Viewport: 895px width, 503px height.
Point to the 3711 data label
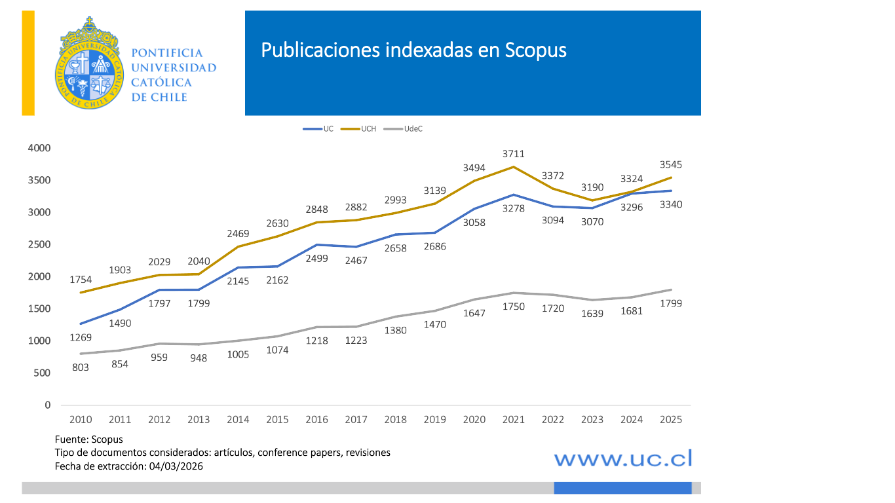tap(514, 154)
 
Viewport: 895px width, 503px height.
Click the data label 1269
tap(81, 337)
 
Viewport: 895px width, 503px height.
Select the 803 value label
tap(81, 367)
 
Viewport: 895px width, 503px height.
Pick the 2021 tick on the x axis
tap(514, 420)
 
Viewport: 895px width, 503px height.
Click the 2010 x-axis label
tap(81, 420)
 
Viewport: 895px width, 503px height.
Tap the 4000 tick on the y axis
tap(39, 148)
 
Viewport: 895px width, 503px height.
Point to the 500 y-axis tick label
tap(43, 373)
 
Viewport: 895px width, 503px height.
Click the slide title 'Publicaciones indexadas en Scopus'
tap(413, 50)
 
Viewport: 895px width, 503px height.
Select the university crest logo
tap(88, 64)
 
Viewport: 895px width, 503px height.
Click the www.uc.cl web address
tap(623, 458)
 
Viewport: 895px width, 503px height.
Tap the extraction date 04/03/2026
tap(176, 466)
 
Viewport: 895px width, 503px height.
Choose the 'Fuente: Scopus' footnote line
tap(88, 439)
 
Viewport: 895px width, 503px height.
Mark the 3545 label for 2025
tap(671, 164)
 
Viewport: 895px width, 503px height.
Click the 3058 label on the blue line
tap(474, 223)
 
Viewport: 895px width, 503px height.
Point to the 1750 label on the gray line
tap(514, 307)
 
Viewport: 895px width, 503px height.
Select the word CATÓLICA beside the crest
tap(162, 83)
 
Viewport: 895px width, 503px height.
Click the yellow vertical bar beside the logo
tap(28, 64)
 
